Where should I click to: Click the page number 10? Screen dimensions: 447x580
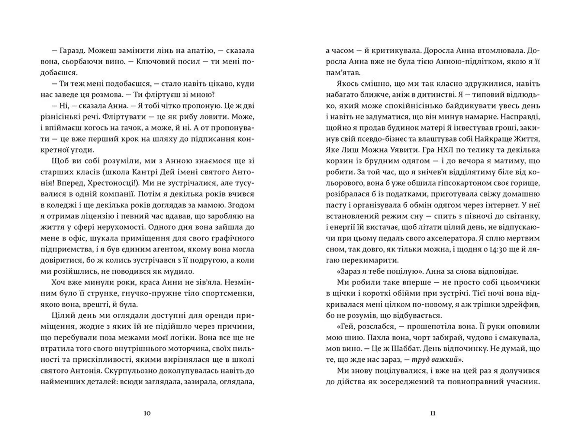pos(147,413)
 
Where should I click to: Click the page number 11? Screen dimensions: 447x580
pos(433,413)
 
